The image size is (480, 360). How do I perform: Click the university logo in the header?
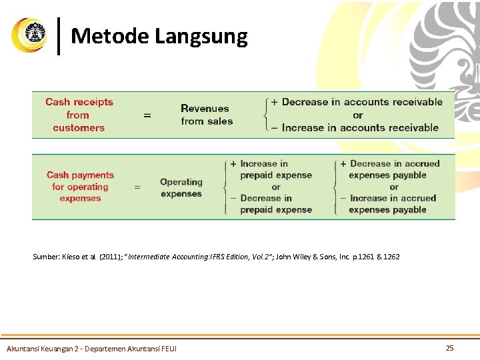(30, 35)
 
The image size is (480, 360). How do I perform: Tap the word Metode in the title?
(109, 35)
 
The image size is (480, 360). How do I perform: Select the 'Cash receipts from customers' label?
(79, 115)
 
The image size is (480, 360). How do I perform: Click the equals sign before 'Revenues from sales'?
(147, 115)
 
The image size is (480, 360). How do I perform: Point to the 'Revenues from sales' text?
(206, 115)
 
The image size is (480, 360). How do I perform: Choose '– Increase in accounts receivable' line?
(355, 127)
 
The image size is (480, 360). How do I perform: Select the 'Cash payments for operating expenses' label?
(80, 187)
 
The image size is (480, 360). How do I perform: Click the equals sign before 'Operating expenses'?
(137, 187)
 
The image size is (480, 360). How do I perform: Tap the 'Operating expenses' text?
(181, 187)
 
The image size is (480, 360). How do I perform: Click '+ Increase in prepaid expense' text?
(271, 169)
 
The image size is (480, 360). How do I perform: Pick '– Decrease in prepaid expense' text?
(271, 203)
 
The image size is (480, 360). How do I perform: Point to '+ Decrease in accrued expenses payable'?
(389, 169)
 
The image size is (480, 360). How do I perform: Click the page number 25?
(449, 348)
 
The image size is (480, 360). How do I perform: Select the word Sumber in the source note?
(46, 257)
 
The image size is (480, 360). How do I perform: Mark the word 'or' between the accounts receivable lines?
(358, 115)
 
